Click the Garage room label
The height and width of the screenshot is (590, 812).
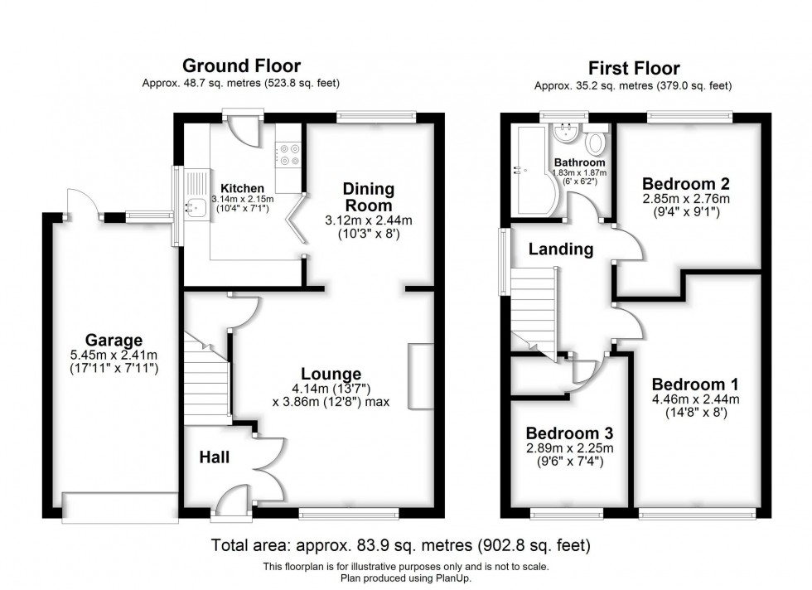114,340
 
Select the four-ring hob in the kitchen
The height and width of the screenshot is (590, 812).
289,155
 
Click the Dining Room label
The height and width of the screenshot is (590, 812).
368,197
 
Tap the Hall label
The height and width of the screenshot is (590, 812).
213,457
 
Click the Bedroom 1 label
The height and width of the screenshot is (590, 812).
695,384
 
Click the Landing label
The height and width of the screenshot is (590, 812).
562,249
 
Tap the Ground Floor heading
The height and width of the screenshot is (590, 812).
241,66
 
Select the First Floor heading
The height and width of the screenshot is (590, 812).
633,68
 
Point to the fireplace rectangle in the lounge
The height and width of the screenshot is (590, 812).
420,376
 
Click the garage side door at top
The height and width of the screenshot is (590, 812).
81,203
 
